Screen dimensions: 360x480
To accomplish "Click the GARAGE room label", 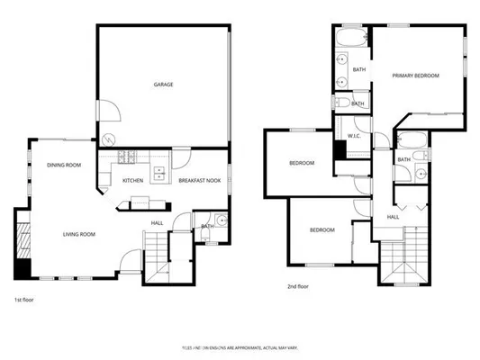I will [162, 85].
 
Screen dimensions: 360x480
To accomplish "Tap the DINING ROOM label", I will [64, 165].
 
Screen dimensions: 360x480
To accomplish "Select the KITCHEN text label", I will [133, 181].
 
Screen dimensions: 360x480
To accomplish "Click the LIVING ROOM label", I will [79, 234].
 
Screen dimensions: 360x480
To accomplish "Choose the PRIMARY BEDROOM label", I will [415, 76].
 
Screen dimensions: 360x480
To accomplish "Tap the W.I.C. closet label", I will [354, 136].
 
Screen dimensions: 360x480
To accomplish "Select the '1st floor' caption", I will [24, 300].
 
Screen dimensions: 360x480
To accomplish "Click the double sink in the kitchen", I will [159, 173].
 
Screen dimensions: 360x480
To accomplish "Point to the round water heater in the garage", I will [110, 141].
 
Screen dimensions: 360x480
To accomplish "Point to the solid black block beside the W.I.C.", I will [340, 149].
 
